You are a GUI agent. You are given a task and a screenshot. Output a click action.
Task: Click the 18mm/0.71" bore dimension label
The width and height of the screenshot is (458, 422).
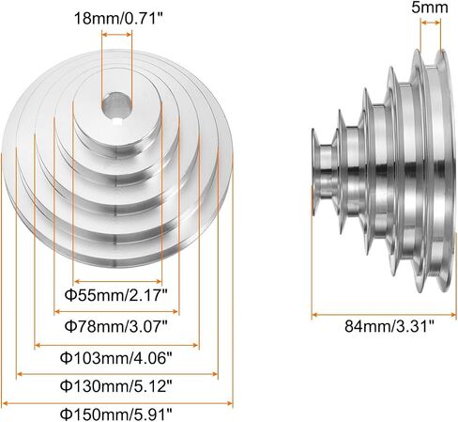[119, 19]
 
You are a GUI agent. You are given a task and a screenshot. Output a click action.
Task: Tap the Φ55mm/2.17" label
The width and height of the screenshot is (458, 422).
[116, 295]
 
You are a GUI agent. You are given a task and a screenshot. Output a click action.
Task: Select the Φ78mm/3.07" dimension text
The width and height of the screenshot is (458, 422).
[116, 326]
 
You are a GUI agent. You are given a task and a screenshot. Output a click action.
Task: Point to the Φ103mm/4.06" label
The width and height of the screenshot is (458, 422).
[116, 357]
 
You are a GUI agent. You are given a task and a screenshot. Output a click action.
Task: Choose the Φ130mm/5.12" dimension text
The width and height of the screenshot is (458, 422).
[116, 385]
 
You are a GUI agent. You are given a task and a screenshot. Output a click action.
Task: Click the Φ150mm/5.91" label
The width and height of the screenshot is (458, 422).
[116, 414]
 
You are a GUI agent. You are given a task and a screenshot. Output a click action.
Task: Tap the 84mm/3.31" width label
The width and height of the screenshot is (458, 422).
[389, 326]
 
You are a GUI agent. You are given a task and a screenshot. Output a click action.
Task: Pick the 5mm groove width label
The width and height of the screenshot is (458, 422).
[430, 8]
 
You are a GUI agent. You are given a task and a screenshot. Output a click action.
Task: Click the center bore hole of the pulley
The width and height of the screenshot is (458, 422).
[116, 105]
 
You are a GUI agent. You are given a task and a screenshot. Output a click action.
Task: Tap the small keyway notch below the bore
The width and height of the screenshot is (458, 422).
[116, 121]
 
